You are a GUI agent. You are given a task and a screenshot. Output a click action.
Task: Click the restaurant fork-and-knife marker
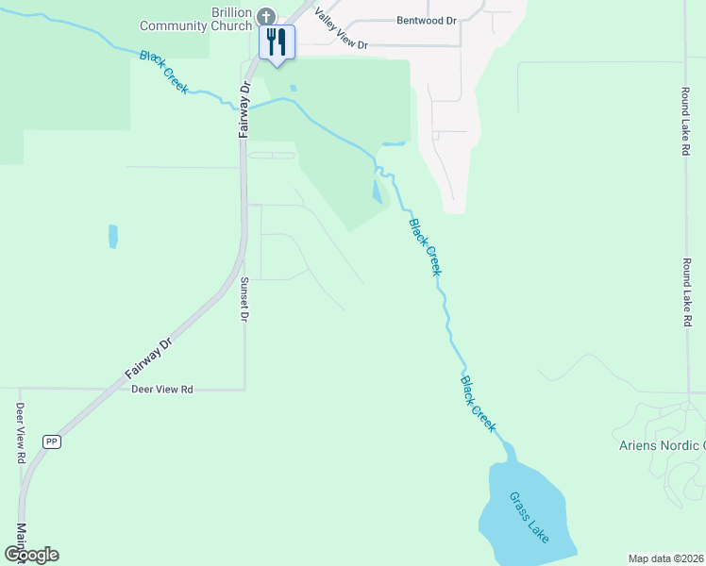[x=277, y=42]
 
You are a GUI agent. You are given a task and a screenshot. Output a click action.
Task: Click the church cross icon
[x=267, y=16]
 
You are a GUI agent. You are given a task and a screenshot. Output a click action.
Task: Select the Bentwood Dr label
[x=426, y=19]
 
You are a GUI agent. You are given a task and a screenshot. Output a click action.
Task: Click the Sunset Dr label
[x=244, y=300]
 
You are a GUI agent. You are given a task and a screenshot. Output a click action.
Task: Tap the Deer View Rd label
[x=161, y=389]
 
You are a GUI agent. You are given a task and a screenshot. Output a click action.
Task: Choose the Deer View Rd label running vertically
[x=20, y=433]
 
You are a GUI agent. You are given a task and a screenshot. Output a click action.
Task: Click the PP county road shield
[x=52, y=441]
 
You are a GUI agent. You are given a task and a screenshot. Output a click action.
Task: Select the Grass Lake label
[x=528, y=517]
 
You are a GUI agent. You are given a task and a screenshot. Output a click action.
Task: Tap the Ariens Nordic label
[x=661, y=446]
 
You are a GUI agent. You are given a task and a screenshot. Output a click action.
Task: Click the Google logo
[x=31, y=554]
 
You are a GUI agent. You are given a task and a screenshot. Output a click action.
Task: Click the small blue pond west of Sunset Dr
[x=113, y=236]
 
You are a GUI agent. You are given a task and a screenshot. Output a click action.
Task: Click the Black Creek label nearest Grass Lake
[x=478, y=404]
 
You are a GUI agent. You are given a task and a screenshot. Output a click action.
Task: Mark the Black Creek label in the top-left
[x=164, y=72]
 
